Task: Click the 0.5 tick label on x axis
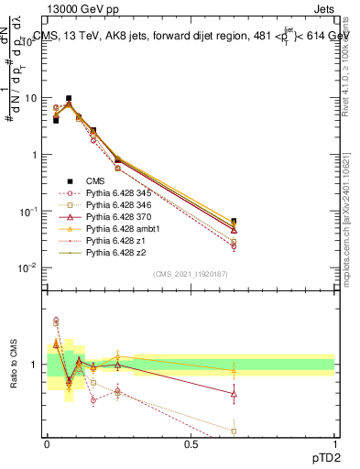(x=191, y=442)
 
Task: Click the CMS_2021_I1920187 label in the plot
(x=191, y=274)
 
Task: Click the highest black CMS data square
(x=69, y=98)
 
